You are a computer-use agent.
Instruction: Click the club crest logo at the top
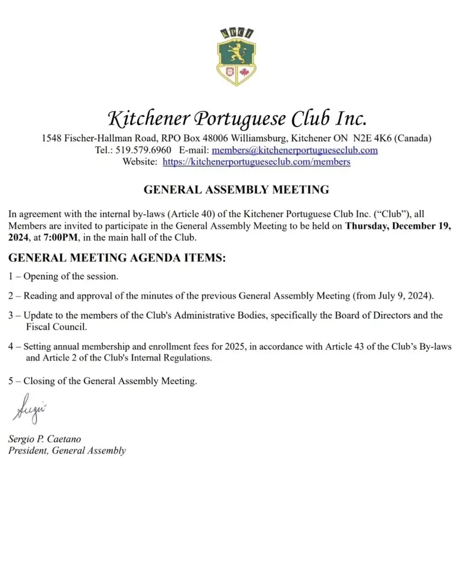[236, 57]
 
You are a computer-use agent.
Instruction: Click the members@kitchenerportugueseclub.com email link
[294, 150]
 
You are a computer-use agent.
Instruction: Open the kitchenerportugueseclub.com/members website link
[256, 161]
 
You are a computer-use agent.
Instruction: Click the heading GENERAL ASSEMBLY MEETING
[236, 190]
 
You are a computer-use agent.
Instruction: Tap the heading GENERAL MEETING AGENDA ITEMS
[117, 258]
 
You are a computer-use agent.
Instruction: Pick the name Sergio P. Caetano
[45, 439]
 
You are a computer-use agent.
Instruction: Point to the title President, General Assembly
[67, 451]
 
